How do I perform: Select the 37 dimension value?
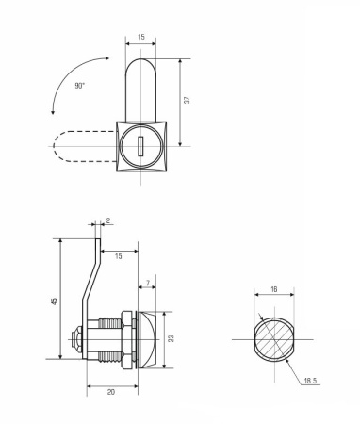187,101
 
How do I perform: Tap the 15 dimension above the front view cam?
139,38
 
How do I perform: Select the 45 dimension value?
55,302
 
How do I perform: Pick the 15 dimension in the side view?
118,254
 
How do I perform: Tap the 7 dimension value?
148,284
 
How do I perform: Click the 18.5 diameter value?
309,381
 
